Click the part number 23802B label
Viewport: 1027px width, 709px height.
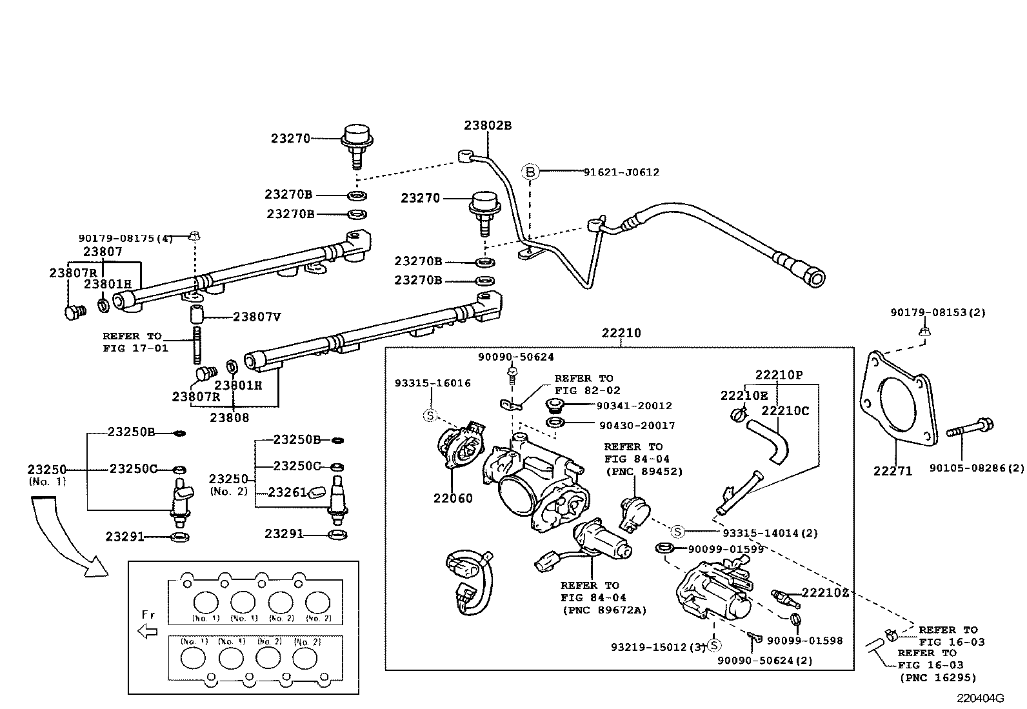tap(488, 126)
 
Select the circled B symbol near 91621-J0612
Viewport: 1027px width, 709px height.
tap(530, 172)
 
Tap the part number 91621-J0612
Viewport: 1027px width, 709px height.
tap(621, 172)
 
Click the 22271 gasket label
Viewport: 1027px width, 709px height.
tap(893, 472)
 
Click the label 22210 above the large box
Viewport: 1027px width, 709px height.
tap(621, 334)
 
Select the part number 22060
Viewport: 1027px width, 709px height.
tap(452, 498)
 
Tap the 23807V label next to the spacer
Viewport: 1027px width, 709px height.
tap(256, 317)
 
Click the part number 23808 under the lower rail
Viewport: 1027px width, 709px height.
tap(229, 417)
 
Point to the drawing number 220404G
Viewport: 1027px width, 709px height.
tap(981, 698)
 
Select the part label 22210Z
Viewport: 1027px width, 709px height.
tap(825, 593)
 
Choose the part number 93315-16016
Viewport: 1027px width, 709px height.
tap(432, 383)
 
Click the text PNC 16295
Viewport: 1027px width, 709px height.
tap(937, 677)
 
